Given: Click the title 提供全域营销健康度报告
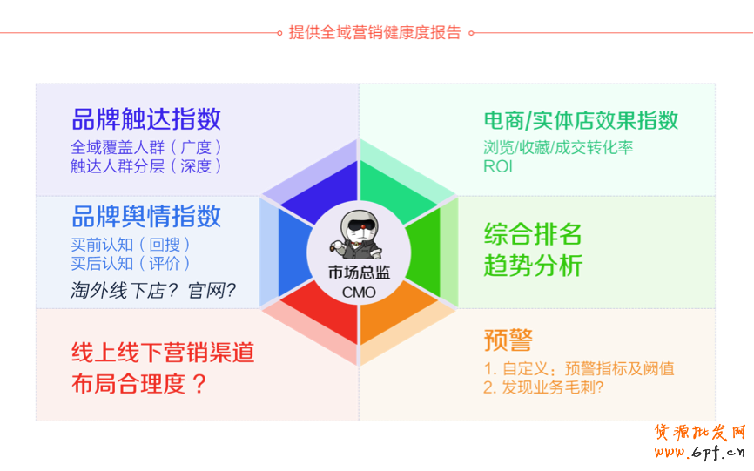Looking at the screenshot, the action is (374, 33).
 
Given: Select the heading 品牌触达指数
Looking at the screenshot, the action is (146, 119).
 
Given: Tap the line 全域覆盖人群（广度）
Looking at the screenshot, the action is (146, 147).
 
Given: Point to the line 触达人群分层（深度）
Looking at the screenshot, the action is (146, 165).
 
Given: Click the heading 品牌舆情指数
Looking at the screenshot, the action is (146, 217).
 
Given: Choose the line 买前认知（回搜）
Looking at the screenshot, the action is (131, 245).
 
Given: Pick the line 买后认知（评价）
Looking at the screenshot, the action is (131, 264).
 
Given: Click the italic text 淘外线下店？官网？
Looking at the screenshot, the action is (153, 290).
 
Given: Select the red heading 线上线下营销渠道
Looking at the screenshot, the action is (163, 353).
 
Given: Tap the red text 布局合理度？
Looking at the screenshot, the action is (139, 384).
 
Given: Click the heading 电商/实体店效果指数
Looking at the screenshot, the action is (581, 121).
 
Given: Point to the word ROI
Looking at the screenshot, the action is (498, 166).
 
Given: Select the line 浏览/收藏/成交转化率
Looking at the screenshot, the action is (558, 147).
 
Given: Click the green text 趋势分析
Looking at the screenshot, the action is (533, 266).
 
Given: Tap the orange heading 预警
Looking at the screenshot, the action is (508, 340).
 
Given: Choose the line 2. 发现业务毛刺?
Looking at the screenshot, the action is (543, 387).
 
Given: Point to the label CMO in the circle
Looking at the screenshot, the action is (359, 293).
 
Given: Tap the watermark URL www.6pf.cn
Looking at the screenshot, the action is (700, 452).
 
